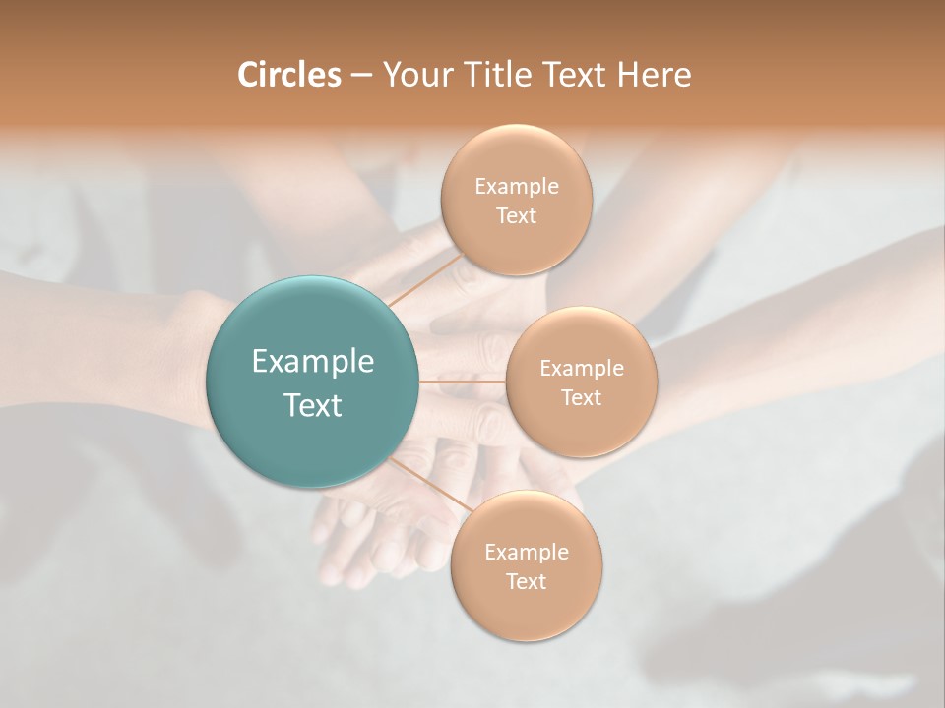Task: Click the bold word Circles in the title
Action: pos(288,75)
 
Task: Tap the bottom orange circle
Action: pos(526,610)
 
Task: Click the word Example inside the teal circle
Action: pos(312,362)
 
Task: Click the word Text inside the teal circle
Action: pos(312,405)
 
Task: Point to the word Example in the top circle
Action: pos(516,187)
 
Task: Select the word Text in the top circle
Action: pos(516,215)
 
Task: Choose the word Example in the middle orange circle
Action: pos(581,369)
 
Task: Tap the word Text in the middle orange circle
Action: pos(581,397)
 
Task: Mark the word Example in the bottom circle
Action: pos(526,553)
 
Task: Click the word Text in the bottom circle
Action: pos(526,581)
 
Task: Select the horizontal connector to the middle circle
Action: pos(462,381)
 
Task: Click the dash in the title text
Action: pos(360,76)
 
